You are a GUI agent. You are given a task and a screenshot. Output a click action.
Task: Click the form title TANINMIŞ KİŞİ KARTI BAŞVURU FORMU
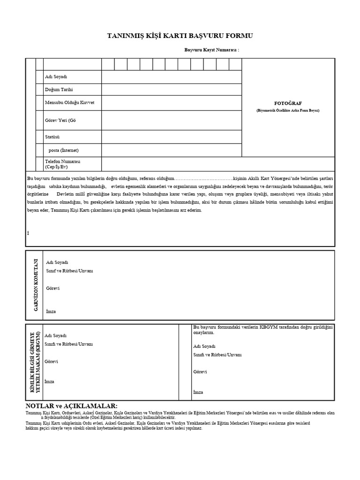pos(180,36)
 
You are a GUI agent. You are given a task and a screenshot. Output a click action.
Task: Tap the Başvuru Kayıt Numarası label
pos(211,49)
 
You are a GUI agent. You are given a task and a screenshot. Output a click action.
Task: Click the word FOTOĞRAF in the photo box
pos(288,103)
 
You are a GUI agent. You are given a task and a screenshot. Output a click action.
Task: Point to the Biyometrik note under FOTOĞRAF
pos(288,110)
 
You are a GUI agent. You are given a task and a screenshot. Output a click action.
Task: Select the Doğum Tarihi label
pos(59,90)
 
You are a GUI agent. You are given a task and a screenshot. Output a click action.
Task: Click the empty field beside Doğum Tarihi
pos(171,90)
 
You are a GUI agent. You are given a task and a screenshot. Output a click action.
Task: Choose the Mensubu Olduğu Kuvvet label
pos(66,102)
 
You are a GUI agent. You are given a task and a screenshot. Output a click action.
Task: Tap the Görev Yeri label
pos(60,120)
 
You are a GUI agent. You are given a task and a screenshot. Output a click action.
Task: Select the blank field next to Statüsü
pos(171,137)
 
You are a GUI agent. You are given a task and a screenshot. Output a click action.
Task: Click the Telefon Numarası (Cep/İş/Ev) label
pos(63,164)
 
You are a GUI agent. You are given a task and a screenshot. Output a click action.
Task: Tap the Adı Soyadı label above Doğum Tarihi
pos(56,77)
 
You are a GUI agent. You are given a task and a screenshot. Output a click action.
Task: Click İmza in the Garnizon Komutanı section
pos(52,311)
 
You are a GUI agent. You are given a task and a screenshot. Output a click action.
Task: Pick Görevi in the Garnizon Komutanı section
pos(52,288)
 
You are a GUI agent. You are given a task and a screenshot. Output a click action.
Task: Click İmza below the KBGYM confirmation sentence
pos(198,392)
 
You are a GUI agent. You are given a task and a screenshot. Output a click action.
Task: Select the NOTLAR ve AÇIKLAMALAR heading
pos(71,405)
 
